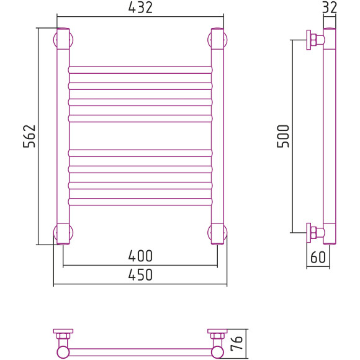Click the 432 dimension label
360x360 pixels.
click(x=140, y=7)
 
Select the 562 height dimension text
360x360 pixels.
click(x=29, y=136)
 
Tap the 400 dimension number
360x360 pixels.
click(x=140, y=256)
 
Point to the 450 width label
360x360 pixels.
click(x=140, y=274)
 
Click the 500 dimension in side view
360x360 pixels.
click(x=283, y=136)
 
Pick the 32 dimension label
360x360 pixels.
click(x=330, y=7)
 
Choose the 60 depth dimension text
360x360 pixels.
click(x=318, y=257)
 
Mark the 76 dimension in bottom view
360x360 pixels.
click(x=236, y=343)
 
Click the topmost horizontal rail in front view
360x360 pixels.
click(x=140, y=70)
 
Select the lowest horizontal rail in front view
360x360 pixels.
click(x=140, y=202)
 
